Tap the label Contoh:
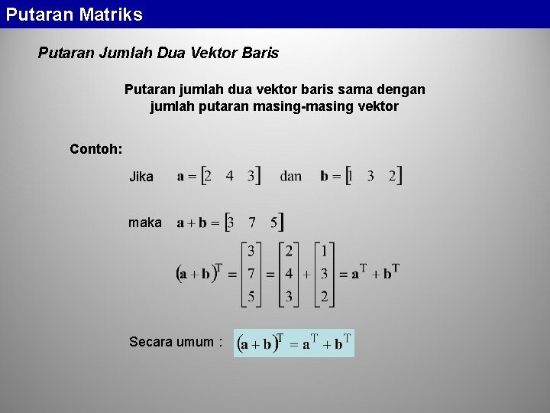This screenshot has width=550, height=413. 95,148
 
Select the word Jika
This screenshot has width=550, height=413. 141,177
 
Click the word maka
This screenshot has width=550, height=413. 145,223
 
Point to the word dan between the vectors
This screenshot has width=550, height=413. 291,177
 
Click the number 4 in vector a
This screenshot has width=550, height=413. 229,176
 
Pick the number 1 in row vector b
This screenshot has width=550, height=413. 350,176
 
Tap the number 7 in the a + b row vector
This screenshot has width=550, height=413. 252,223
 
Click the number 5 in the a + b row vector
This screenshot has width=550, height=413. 273,223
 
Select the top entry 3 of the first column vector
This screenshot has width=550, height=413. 251,250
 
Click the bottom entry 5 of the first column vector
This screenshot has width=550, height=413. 251,297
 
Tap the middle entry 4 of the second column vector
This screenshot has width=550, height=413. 289,273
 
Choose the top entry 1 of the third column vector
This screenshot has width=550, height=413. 324,250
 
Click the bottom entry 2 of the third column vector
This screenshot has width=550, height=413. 324,297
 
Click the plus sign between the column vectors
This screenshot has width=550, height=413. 306,274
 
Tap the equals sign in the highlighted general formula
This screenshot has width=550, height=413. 293,345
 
